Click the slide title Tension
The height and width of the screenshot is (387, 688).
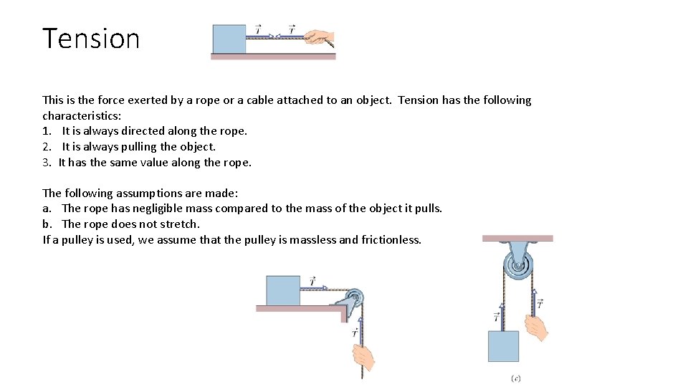tap(91, 38)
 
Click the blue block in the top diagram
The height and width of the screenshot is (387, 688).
tap(229, 39)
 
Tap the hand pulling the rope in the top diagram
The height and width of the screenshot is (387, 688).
tap(318, 37)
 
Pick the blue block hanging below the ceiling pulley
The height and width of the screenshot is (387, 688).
tap(503, 346)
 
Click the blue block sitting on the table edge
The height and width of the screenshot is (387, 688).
tap(283, 290)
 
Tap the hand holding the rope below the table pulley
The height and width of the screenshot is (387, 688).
tap(363, 356)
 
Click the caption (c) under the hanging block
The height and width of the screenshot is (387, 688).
tap(516, 378)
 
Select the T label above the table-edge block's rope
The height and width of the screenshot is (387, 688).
tap(312, 280)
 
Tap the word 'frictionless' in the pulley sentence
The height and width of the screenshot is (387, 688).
tap(391, 239)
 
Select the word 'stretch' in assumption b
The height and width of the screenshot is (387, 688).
tap(179, 224)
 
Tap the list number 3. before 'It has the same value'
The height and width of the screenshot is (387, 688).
tap(47, 163)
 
